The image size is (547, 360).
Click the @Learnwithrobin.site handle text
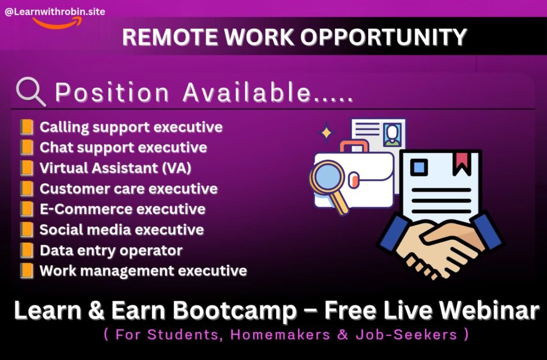pos(55,12)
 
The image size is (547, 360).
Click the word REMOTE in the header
pos(170,37)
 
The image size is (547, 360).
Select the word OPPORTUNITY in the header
pos(384,37)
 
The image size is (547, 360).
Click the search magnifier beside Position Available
pos(30,92)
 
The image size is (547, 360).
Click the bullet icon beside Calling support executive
pos(27,127)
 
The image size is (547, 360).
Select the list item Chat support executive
pos(123,147)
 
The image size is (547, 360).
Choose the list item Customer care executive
pos(128,189)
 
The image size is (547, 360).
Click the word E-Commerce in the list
pos(85,209)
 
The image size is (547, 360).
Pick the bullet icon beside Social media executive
pos(27,230)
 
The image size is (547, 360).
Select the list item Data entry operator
pos(111,251)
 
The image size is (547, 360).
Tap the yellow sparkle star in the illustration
pos(326,132)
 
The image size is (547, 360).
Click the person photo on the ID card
pos(393,135)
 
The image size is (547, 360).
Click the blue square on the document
pos(419,167)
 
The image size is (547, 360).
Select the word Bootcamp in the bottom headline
pos(235,310)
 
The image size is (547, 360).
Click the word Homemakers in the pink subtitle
pos(280,335)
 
